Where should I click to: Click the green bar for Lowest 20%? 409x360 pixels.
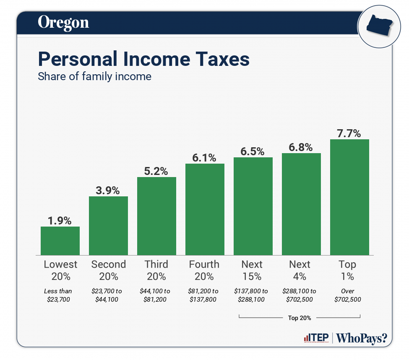pyautogui.click(x=60, y=240)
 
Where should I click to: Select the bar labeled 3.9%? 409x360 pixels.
pyautogui.click(x=108, y=225)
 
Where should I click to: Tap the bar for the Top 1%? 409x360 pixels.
pyautogui.click(x=349, y=197)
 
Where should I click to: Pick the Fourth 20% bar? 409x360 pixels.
pyautogui.click(x=205, y=209)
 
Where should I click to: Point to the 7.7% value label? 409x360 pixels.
pyautogui.click(x=349, y=133)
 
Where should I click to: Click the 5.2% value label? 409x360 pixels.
pyautogui.click(x=156, y=171)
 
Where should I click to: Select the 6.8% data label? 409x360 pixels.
pyautogui.click(x=301, y=147)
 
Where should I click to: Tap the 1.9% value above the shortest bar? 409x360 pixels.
pyautogui.click(x=60, y=221)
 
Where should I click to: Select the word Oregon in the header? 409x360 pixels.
pyautogui.click(x=63, y=22)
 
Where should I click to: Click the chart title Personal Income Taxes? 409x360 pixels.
pyautogui.click(x=143, y=59)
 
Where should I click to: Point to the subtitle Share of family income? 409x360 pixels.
pyautogui.click(x=94, y=77)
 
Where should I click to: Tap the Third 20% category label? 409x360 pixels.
pyautogui.click(x=156, y=270)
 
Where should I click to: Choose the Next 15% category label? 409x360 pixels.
pyautogui.click(x=252, y=270)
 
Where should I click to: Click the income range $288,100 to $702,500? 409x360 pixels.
pyautogui.click(x=300, y=295)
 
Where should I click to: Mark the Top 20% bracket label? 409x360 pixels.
pyautogui.click(x=300, y=318)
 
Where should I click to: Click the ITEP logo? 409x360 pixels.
pyautogui.click(x=315, y=338)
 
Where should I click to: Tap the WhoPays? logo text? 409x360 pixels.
pyautogui.click(x=362, y=338)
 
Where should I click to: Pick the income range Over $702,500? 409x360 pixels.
pyautogui.click(x=348, y=295)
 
